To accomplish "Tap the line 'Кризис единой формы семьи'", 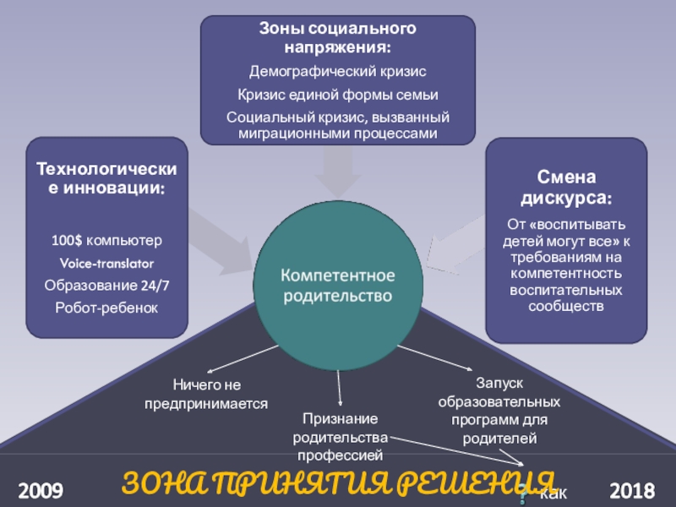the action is [337, 94].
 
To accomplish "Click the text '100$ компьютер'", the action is [106, 241].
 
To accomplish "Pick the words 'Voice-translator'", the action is [106, 264].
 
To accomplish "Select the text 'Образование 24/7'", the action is [106, 286].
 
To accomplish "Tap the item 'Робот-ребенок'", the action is [106, 308].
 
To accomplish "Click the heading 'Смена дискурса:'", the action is [565, 188].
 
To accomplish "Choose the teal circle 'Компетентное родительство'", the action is [337, 286].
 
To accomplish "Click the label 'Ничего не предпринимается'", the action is [207, 395].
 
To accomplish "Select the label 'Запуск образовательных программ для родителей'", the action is [499, 412].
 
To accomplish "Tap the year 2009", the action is [41, 490].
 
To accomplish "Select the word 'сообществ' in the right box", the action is [565, 305].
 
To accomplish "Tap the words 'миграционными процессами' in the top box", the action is [337, 134].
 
